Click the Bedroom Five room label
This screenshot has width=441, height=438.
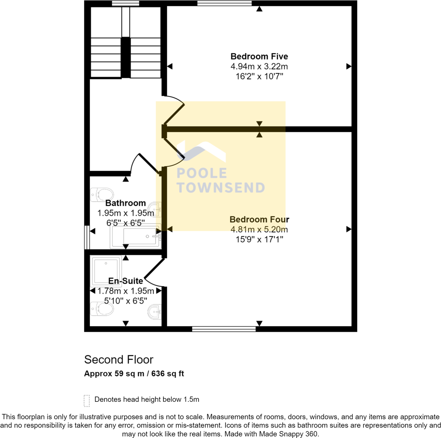pos(259,56)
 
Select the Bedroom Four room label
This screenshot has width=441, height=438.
pos(259,220)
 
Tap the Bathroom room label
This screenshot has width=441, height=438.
pos(125,203)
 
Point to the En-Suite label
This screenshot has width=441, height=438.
pos(125,281)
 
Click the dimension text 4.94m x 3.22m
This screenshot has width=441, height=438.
pos(259,66)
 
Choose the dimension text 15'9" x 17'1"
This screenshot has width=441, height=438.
pos(259,239)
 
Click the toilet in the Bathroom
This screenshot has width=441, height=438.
pos(102,195)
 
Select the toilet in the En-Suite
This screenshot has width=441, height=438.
pos(102,309)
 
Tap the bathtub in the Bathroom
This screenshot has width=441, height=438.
pos(136,236)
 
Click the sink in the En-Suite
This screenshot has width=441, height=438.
pos(155,312)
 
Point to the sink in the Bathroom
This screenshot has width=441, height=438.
pos(155,209)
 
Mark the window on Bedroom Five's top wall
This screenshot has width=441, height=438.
pos(224,3)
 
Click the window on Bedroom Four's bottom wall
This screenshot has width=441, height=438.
pos(224,329)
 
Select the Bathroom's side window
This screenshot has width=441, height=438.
pos(87,237)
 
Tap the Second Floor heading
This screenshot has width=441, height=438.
pos(119,360)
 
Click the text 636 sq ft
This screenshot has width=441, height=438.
pos(168,373)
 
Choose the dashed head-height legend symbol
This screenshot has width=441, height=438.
pos(87,401)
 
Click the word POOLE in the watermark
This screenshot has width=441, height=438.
pos(202,173)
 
